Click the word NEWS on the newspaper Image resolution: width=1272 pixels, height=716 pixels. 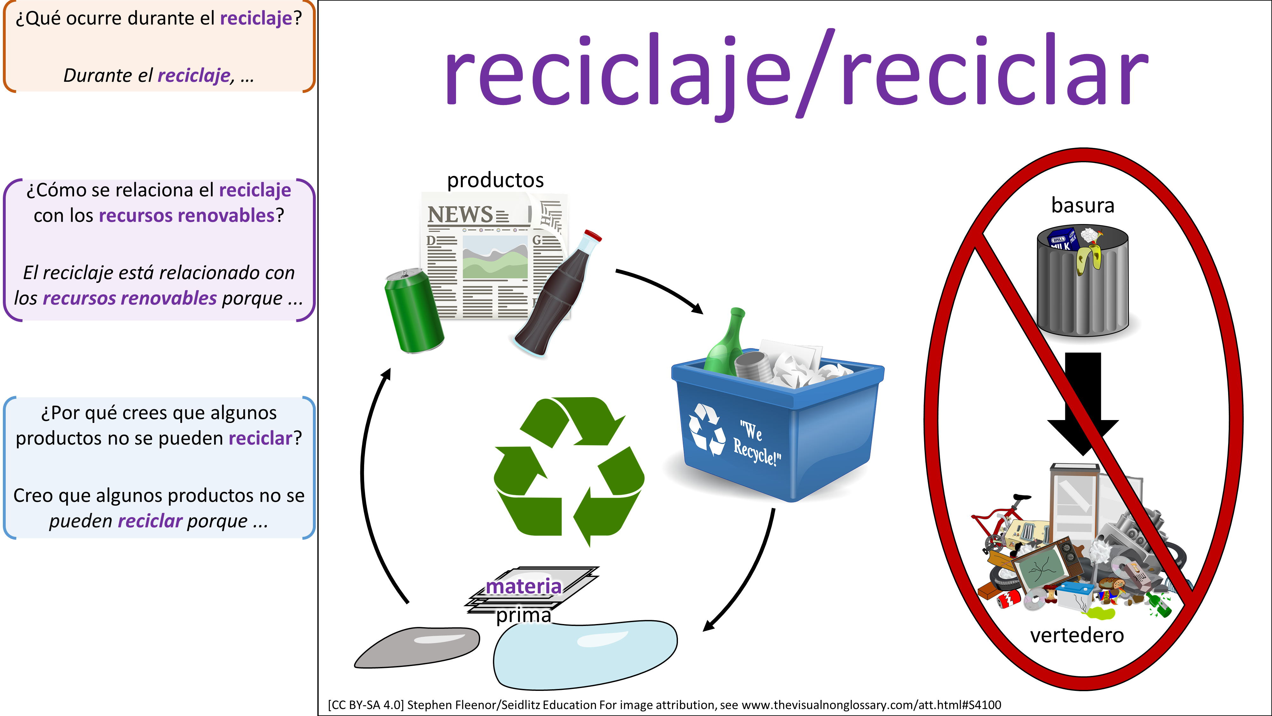[x=460, y=214]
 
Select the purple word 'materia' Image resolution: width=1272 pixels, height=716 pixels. [x=523, y=586]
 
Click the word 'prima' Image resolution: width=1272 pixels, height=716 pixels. [x=523, y=615]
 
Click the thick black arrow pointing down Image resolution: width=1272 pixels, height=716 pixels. [x=1082, y=400]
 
